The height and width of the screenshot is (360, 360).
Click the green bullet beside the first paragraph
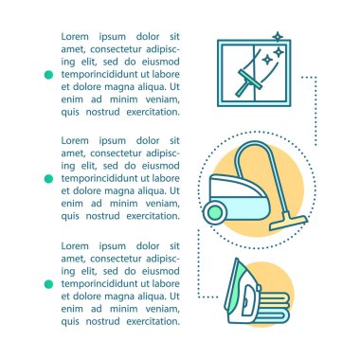point(48,75)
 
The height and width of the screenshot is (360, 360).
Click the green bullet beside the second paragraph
point(48,179)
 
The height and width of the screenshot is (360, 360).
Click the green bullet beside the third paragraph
point(48,284)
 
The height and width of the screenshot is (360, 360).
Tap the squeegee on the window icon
point(248,82)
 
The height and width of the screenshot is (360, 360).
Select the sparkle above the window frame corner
point(278,37)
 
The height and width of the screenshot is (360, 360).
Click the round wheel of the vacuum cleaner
point(215,210)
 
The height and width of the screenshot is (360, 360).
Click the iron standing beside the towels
point(242,292)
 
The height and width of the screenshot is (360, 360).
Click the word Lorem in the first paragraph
point(75,37)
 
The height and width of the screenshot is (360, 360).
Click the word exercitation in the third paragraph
point(153,322)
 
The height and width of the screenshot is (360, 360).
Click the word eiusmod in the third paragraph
point(161,271)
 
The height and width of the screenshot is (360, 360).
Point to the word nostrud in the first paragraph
point(103,112)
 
